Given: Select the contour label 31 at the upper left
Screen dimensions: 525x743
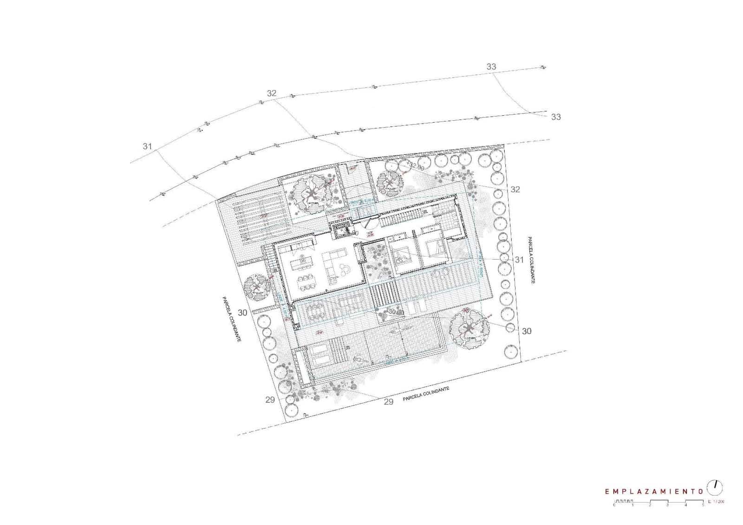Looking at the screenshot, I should pos(147,146).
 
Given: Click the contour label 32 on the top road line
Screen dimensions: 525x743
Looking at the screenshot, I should pos(272,93).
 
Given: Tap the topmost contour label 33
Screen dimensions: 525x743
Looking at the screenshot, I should pos(491,67).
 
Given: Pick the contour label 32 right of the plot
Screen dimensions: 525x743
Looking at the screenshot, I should pos(515,189).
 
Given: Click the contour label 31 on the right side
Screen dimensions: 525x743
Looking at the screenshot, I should pos(519,260).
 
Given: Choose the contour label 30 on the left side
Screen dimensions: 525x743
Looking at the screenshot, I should pos(242,313).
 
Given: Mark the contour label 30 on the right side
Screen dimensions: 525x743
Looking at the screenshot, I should pos(526,331).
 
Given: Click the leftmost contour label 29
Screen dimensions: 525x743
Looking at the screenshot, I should pos(270,400).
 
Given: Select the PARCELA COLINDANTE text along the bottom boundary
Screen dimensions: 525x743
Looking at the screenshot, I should pos(426,394).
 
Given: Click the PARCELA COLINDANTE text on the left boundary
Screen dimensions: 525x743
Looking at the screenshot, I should pos(231,320).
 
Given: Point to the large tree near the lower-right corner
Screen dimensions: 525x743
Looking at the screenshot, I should pos(469,328).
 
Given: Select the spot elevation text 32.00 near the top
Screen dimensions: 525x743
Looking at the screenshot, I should pos(417,165).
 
